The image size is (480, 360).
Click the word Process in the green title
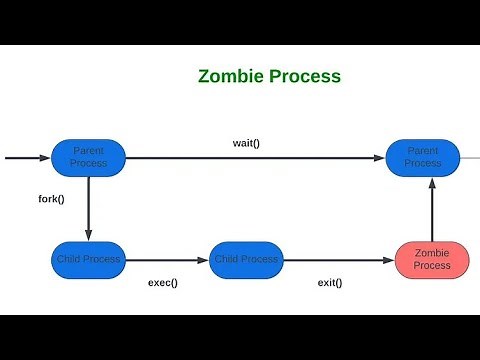(305, 76)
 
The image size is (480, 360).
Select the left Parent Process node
(88, 157)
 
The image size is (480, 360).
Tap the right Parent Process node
(423, 157)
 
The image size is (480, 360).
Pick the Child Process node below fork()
(88, 260)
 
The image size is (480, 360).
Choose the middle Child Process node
(245, 260)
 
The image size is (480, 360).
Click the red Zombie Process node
(431, 260)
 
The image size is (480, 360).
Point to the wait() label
(246, 143)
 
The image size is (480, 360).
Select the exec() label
(163, 282)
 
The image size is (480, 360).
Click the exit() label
(329, 282)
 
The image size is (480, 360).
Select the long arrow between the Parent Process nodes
(255, 157)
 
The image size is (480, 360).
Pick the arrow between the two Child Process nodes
(168, 260)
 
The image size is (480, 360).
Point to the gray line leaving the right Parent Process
(470, 157)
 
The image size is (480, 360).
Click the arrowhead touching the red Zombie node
(389, 260)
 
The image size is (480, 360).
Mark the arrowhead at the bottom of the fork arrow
(88, 236)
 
